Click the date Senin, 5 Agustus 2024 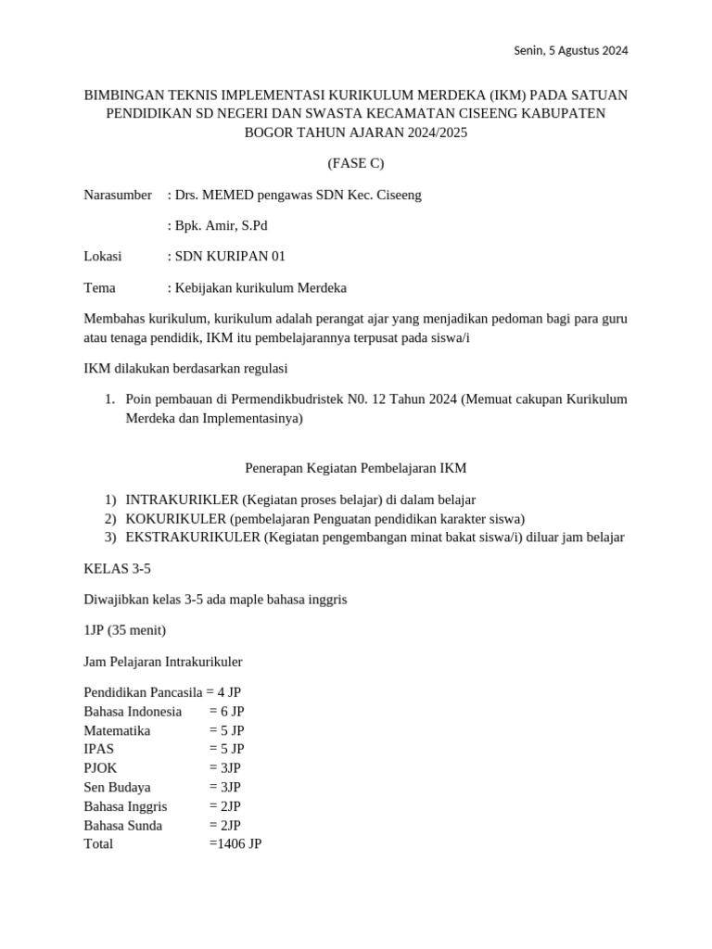[x=570, y=51]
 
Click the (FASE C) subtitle [x=356, y=164]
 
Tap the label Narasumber [x=118, y=195]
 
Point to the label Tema [x=100, y=288]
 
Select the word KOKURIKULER [x=176, y=518]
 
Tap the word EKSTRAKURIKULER [x=193, y=538]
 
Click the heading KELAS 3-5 [x=117, y=568]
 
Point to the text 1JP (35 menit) [x=125, y=630]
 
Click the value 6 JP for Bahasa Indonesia [x=226, y=712]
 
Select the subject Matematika [x=117, y=730]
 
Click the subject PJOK [x=101, y=768]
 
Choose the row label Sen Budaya [x=117, y=787]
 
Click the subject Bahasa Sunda [x=122, y=825]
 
